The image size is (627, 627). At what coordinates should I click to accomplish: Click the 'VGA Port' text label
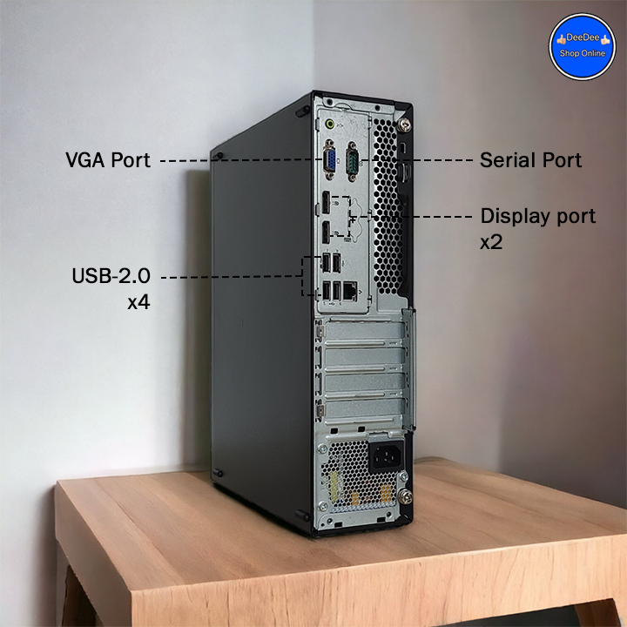click(x=108, y=161)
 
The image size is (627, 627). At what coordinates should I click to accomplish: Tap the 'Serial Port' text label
click(x=530, y=160)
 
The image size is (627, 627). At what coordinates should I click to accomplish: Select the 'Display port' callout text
click(x=538, y=216)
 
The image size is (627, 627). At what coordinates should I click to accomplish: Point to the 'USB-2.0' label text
click(x=111, y=277)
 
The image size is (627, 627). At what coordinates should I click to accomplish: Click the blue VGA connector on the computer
click(x=331, y=160)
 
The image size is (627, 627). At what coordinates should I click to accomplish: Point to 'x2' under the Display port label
click(x=491, y=242)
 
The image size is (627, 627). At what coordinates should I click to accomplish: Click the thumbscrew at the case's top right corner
click(x=403, y=125)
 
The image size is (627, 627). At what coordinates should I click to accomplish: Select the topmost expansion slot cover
click(x=363, y=334)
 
